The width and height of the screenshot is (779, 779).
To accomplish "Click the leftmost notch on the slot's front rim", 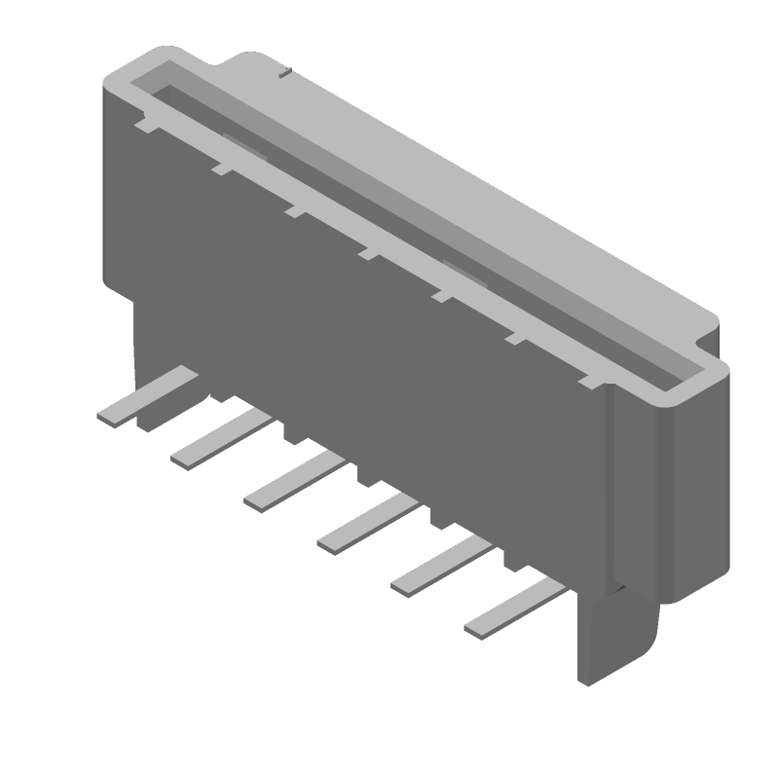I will pos(144,126).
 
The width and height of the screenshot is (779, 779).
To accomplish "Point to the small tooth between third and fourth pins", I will pos(364,472).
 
